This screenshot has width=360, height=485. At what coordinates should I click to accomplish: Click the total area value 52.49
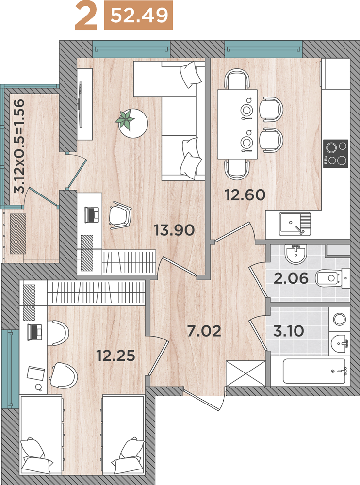(139, 16)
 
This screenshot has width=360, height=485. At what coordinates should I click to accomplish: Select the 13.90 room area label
(174, 230)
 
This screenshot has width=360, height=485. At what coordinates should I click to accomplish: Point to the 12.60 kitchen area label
(245, 195)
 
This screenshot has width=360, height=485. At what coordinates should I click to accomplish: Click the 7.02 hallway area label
(204, 331)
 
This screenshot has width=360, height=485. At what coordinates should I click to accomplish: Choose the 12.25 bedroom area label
(116, 356)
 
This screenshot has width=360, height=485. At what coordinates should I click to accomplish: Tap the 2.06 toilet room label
(291, 278)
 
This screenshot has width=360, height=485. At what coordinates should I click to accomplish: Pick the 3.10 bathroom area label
(289, 331)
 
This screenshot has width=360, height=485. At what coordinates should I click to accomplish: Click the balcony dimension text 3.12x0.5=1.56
(19, 146)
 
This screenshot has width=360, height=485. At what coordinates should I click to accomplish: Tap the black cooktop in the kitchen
(336, 154)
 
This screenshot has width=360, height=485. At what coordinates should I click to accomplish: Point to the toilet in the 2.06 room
(332, 278)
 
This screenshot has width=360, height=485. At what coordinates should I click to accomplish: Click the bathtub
(314, 371)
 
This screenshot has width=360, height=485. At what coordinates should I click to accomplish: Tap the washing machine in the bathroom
(340, 319)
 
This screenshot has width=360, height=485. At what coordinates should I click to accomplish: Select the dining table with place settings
(237, 124)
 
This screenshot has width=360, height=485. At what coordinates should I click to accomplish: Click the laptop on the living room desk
(92, 214)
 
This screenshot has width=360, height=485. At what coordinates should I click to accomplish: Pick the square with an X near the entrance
(246, 373)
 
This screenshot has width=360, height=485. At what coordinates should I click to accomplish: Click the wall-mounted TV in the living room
(81, 104)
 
